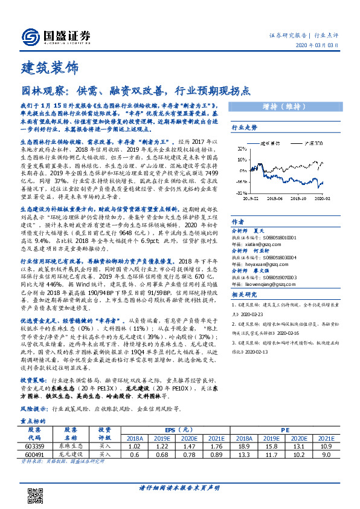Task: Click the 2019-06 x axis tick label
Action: point(277,197)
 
